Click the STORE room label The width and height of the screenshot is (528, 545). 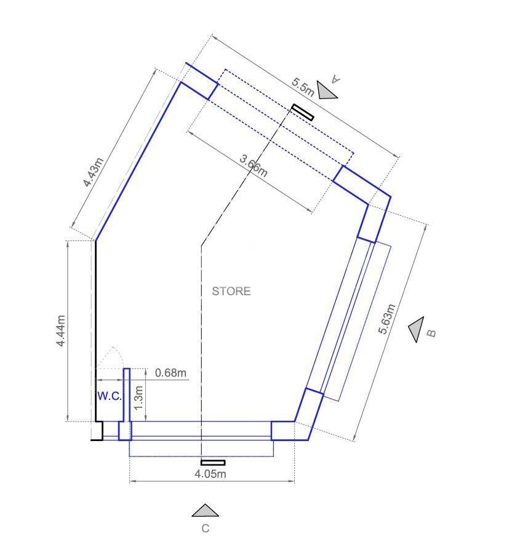231,292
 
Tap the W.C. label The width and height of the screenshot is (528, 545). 110,396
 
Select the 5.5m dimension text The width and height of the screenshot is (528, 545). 303,87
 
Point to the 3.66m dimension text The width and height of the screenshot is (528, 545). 254,166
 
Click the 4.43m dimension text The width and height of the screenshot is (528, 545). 93,172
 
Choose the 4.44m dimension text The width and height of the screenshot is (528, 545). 60,331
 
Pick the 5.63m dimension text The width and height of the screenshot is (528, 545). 387,319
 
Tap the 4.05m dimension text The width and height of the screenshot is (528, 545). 210,474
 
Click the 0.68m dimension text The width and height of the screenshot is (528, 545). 170,373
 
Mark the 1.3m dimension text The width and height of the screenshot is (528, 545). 138,398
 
